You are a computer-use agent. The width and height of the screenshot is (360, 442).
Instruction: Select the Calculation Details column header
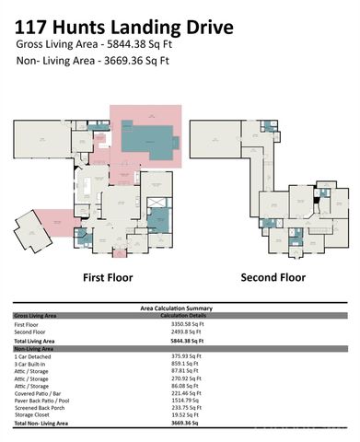point(186,315)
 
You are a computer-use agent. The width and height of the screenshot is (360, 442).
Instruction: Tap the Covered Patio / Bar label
point(39,393)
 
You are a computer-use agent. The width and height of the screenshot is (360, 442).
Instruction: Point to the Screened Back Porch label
point(41,408)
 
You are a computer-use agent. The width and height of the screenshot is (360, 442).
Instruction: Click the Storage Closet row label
point(32,415)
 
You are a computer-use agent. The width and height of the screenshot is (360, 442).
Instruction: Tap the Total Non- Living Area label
point(42,423)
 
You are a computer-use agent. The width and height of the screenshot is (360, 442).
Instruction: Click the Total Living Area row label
point(36,341)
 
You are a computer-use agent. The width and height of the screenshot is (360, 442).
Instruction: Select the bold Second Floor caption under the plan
point(273,277)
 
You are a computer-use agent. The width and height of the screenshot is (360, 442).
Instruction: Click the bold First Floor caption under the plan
point(108,277)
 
